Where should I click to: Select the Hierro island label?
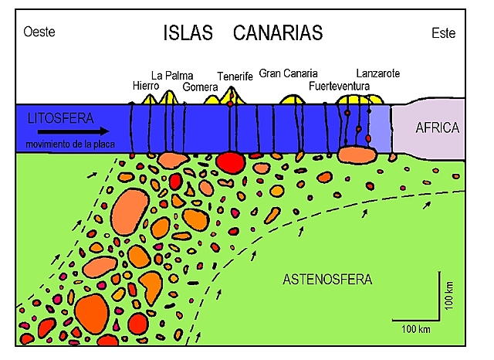click(146, 85)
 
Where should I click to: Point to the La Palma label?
click(170, 76)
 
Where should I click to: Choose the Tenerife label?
click(235, 76)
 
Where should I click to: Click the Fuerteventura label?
click(339, 86)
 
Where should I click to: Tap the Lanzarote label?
click(378, 73)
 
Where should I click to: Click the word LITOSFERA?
click(59, 119)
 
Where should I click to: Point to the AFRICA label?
click(437, 128)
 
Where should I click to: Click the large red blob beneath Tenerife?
click(229, 161)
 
